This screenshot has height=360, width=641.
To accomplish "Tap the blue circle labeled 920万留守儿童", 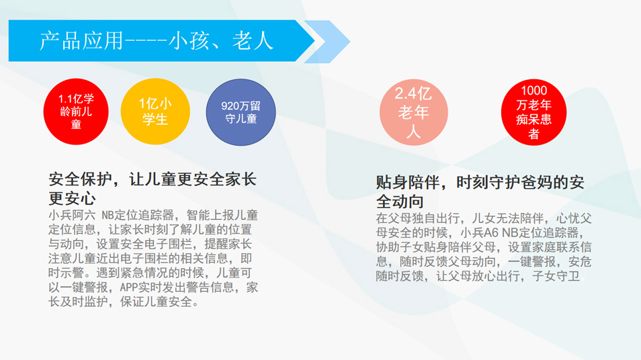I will point(241,112).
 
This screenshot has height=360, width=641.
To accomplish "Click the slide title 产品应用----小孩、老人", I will point(157,41).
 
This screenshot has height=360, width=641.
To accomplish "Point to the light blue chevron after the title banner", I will point(329,41).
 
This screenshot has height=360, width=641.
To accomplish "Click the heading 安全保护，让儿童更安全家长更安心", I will point(153,189).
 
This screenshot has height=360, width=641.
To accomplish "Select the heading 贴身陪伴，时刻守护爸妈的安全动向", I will point(480,191).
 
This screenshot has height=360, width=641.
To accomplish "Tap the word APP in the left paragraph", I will point(130,287).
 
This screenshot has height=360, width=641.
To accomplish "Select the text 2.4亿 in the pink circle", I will point(413,94).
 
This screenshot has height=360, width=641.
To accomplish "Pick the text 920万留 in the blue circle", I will point(241,105).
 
